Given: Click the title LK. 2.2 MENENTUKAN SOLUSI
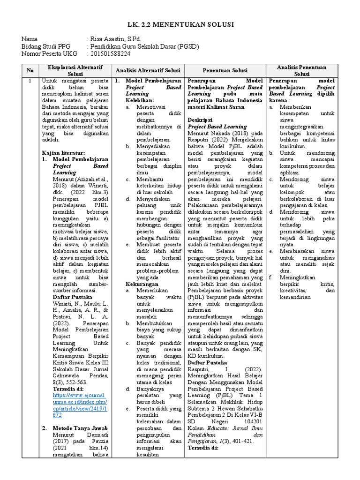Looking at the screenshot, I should tap(180, 24).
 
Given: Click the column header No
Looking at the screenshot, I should tap(30, 71).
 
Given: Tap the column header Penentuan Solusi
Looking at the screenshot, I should tap(225, 71).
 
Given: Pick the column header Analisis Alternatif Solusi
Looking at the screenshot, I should tap(148, 71).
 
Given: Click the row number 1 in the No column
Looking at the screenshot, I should tap(30, 81).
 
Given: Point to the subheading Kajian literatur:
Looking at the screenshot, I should tap(63, 153).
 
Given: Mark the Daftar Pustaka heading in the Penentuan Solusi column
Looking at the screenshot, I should tap(208, 363).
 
